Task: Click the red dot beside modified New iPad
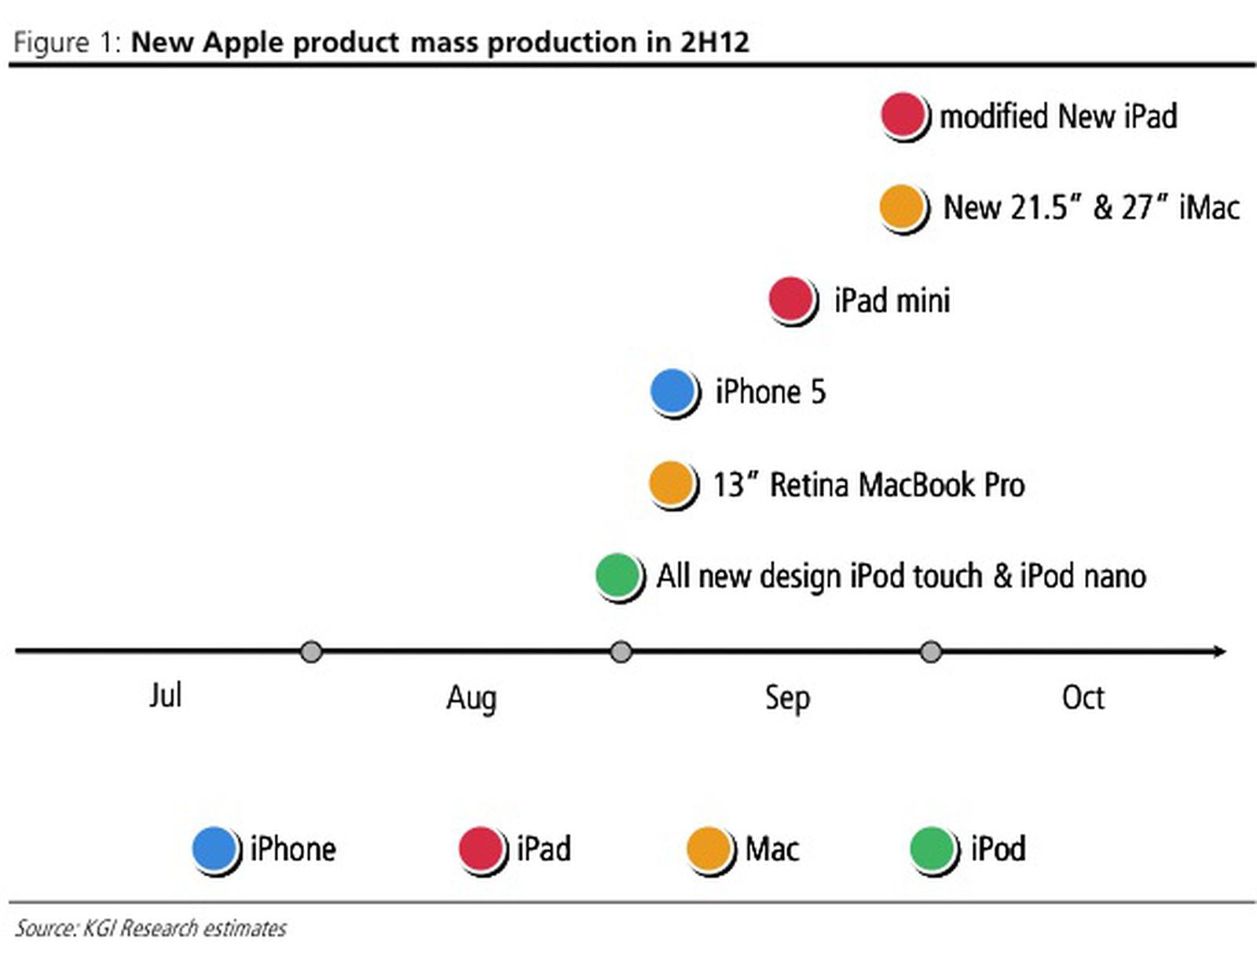(902, 115)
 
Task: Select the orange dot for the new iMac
(901, 207)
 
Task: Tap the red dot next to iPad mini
(790, 299)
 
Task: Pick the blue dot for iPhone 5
(672, 391)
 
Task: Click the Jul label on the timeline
(165, 696)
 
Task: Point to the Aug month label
(471, 698)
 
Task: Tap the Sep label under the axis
(787, 698)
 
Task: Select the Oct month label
(1083, 697)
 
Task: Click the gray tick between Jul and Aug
(312, 652)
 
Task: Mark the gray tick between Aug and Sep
(621, 652)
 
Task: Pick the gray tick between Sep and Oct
(931, 652)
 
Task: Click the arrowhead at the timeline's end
(1219, 652)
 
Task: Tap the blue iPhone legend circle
(214, 849)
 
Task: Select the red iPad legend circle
(481, 849)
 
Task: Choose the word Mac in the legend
(771, 849)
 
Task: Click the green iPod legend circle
(933, 849)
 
